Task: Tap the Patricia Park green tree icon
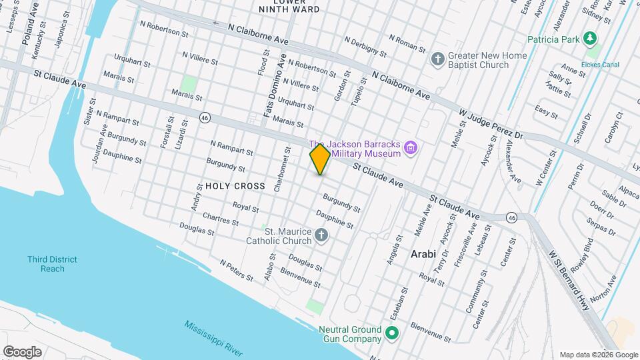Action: pos(589,39)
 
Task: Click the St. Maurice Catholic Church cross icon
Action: pos(321,235)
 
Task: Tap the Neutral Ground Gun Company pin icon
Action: pos(393,333)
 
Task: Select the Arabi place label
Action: pos(423,254)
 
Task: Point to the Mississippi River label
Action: pos(213,339)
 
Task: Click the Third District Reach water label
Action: pos(52,264)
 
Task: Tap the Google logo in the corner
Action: pos(22,351)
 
